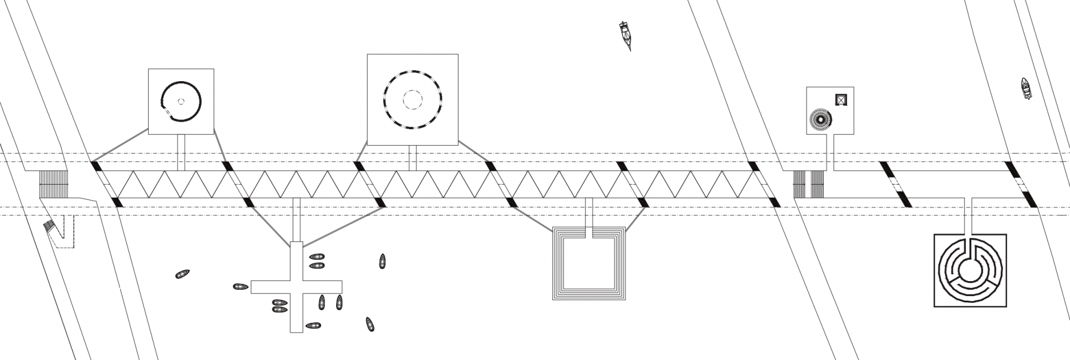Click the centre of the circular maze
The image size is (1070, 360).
pyautogui.click(x=969, y=269)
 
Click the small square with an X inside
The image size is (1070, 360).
pyautogui.click(x=840, y=99)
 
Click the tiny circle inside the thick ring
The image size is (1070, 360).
pyautogui.click(x=181, y=102)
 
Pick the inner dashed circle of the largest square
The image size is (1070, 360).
pyautogui.click(x=412, y=99)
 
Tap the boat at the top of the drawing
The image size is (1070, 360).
pyautogui.click(x=626, y=34)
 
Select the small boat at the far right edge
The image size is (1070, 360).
pyautogui.click(x=1027, y=89)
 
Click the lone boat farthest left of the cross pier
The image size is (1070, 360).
pyautogui.click(x=182, y=275)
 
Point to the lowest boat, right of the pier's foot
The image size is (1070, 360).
pyautogui.click(x=370, y=325)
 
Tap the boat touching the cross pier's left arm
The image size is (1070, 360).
pyautogui.click(x=240, y=286)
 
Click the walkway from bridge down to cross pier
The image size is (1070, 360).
pyautogui.click(x=296, y=220)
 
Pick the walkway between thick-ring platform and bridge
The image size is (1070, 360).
pyautogui.click(x=181, y=152)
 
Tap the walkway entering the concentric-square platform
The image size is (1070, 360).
pyautogui.click(x=590, y=217)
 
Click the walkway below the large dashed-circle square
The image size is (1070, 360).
pyautogui.click(x=412, y=158)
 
